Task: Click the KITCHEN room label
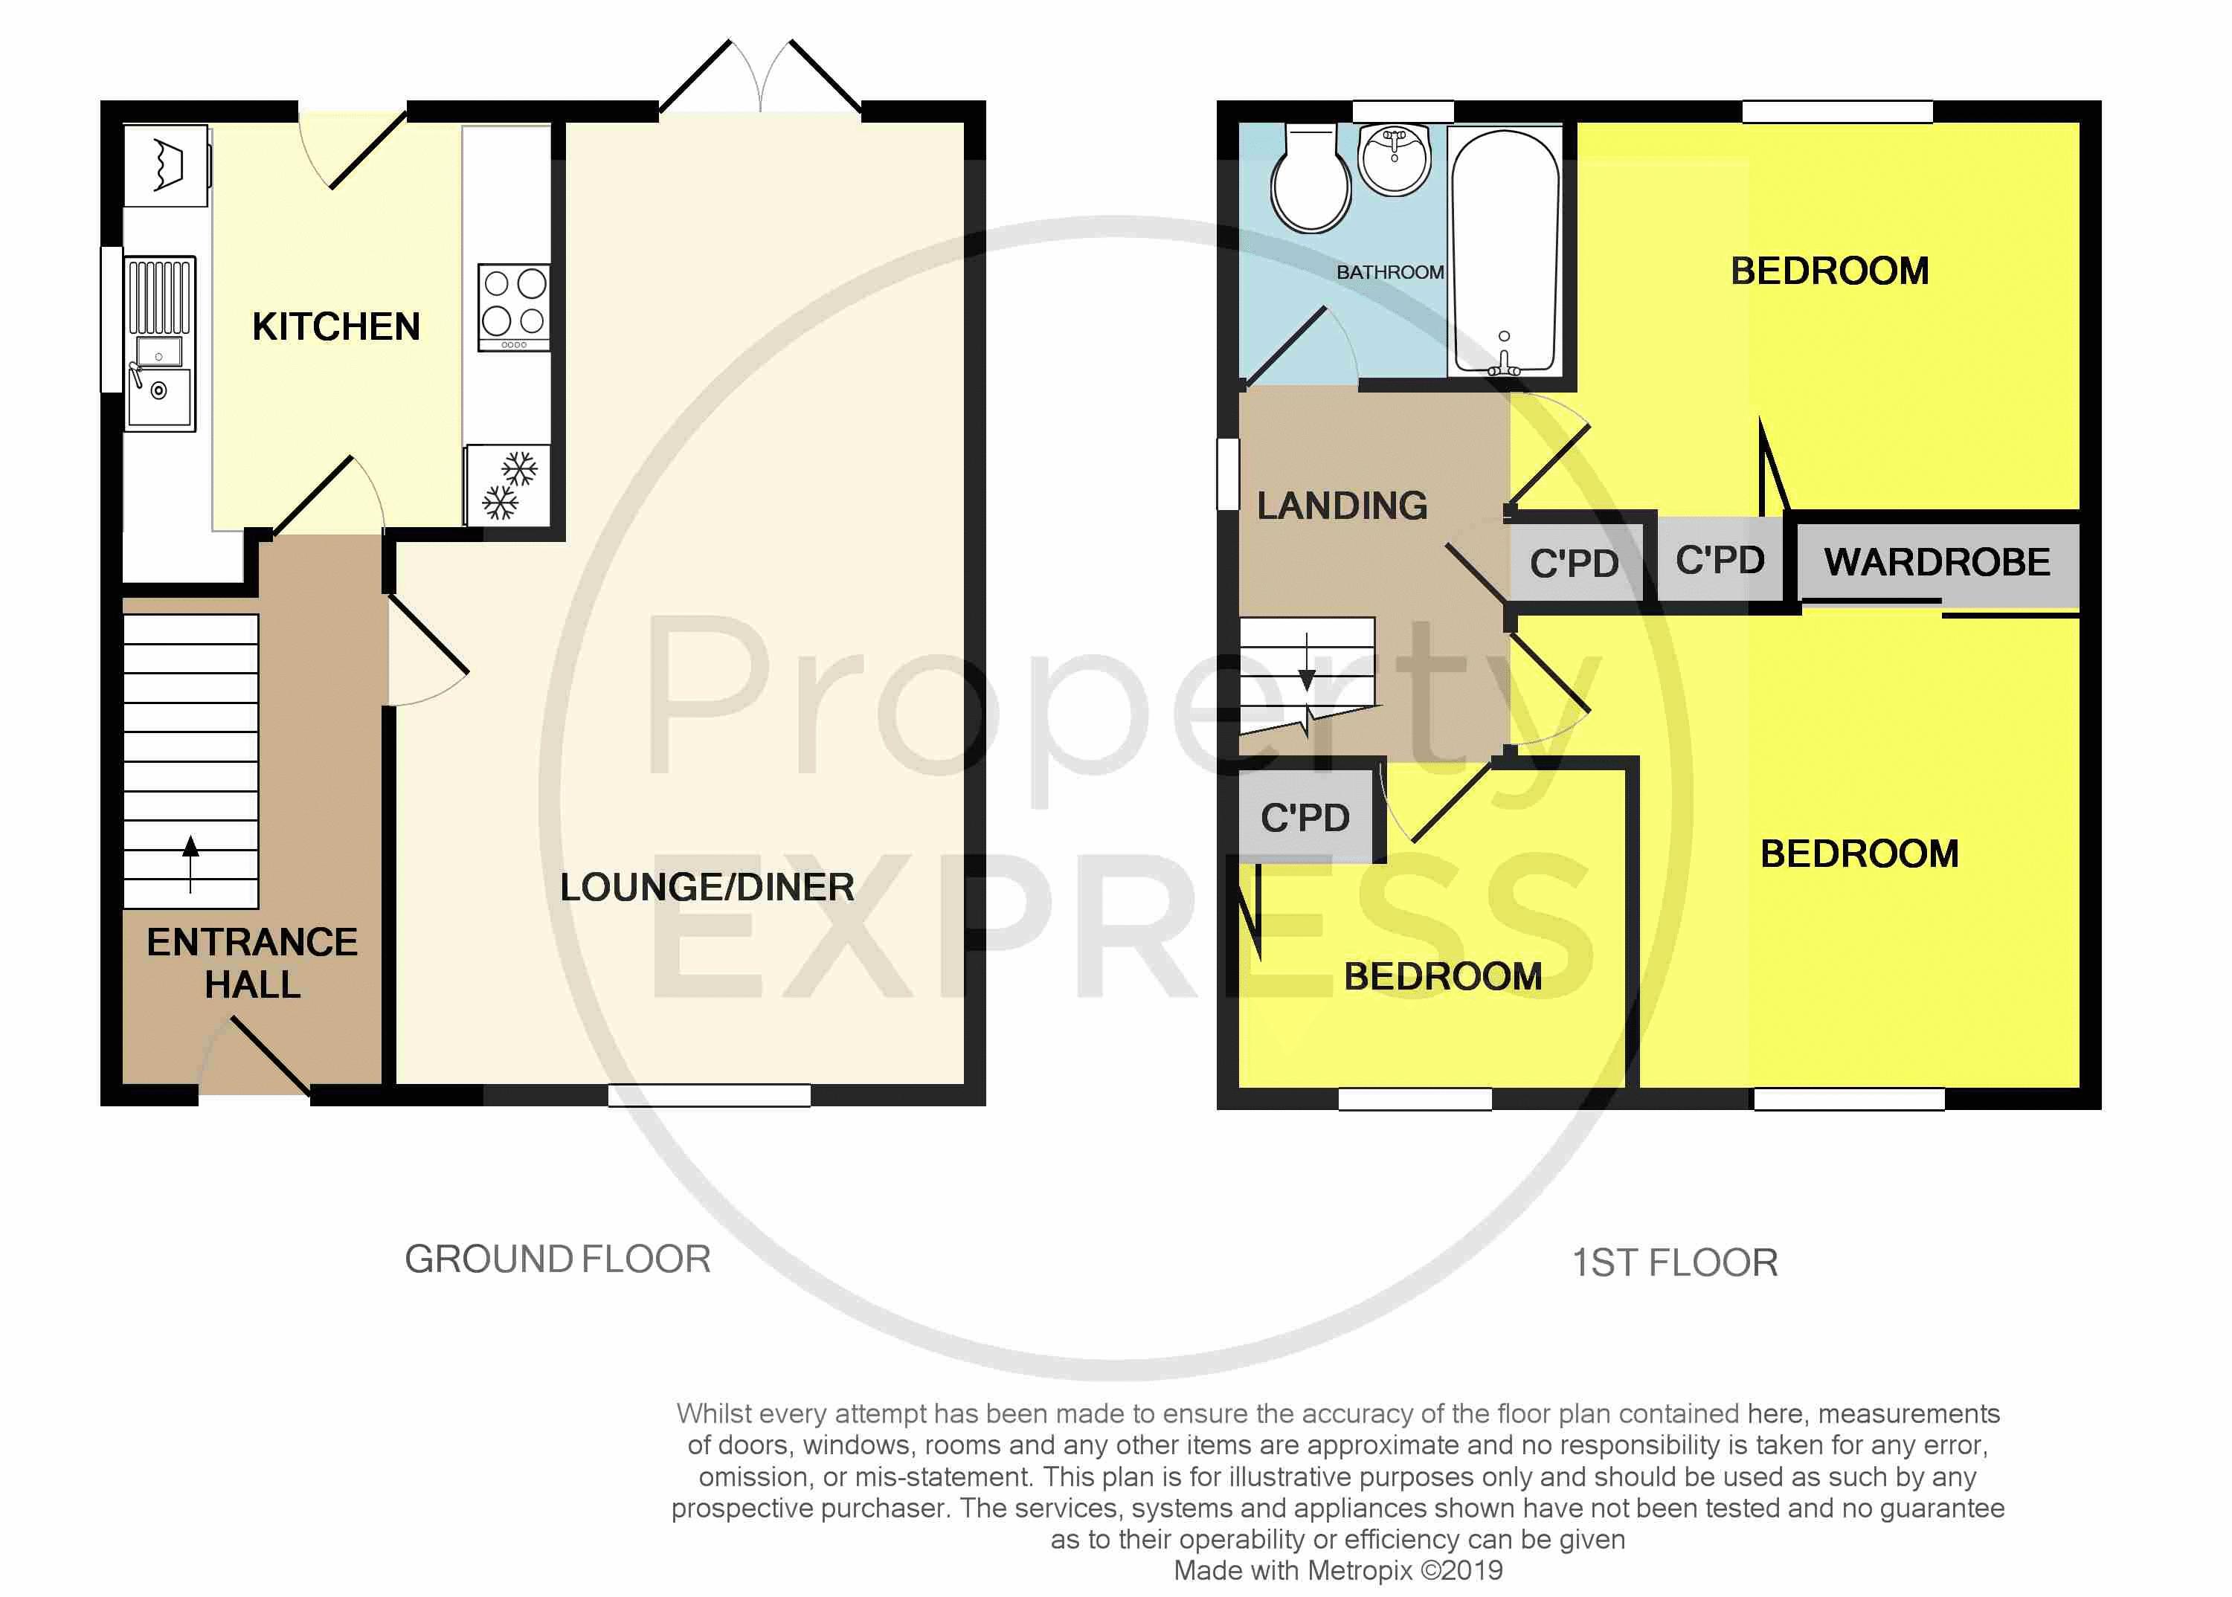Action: [x=335, y=326]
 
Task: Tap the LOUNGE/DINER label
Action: [x=707, y=887]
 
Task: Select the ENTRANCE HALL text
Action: [x=252, y=963]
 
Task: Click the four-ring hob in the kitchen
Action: [x=513, y=307]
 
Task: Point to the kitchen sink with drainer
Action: [x=159, y=344]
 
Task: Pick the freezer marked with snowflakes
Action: [x=507, y=485]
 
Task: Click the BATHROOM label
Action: [x=1389, y=272]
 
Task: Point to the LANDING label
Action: [x=1342, y=506]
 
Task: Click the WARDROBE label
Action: [x=1936, y=563]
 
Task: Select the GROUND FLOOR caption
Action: [x=557, y=1259]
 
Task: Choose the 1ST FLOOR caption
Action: [x=1674, y=1262]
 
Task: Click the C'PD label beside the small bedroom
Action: [x=1305, y=817]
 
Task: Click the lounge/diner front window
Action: [x=710, y=1095]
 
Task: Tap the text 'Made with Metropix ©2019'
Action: [x=1338, y=1570]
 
